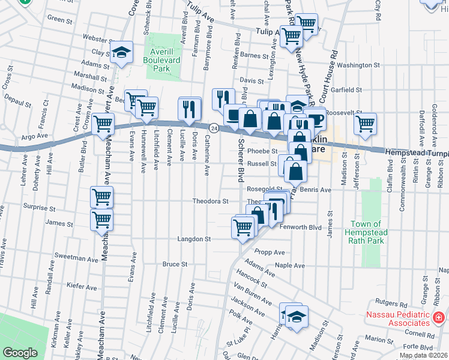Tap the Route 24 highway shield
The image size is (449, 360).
pyautogui.click(x=213, y=128)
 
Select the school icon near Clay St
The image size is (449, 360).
pyautogui.click(x=122, y=52)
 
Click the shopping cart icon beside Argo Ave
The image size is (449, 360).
pyautogui.click(x=103, y=124)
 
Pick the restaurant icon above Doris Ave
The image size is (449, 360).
pyautogui.click(x=190, y=108)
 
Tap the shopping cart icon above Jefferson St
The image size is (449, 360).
pyautogui.click(x=365, y=124)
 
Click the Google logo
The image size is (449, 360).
pyautogui.click(x=20, y=353)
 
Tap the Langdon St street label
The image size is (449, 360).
pyautogui.click(x=194, y=239)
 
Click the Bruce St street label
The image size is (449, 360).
pyautogui.click(x=175, y=264)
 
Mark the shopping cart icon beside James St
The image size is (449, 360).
pyautogui.click(x=101, y=220)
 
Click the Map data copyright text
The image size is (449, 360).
pyautogui.click(x=424, y=355)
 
